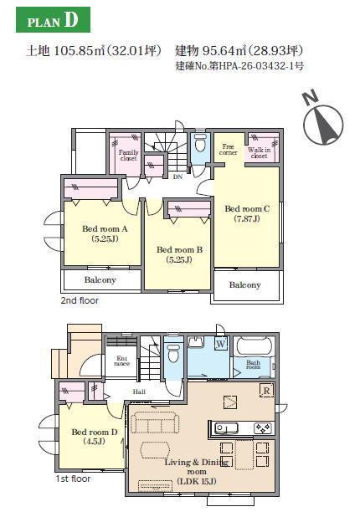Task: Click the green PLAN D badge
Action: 53,19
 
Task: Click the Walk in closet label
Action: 259,152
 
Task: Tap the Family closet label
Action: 128,155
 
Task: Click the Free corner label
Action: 228,150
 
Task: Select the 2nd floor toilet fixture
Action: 200,142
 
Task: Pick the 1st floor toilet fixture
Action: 173,353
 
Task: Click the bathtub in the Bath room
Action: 254,346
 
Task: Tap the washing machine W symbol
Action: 221,344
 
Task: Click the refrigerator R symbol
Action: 266,391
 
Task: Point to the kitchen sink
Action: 226,428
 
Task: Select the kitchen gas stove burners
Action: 264,428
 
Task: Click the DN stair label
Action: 177,177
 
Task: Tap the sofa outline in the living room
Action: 155,422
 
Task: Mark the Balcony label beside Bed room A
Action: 100,280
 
